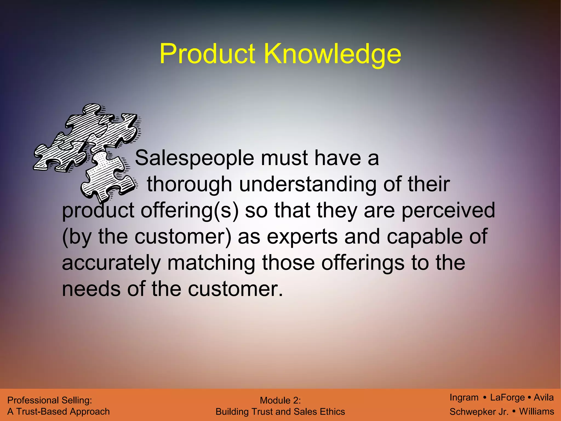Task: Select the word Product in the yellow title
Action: (207, 54)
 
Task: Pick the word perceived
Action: (448, 210)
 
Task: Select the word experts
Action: (302, 237)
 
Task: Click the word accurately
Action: (111, 263)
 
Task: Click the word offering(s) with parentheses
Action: (190, 210)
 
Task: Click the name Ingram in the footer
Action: (464, 397)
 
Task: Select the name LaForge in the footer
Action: (507, 397)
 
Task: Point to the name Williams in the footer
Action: (537, 411)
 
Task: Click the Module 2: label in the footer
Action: (280, 400)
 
